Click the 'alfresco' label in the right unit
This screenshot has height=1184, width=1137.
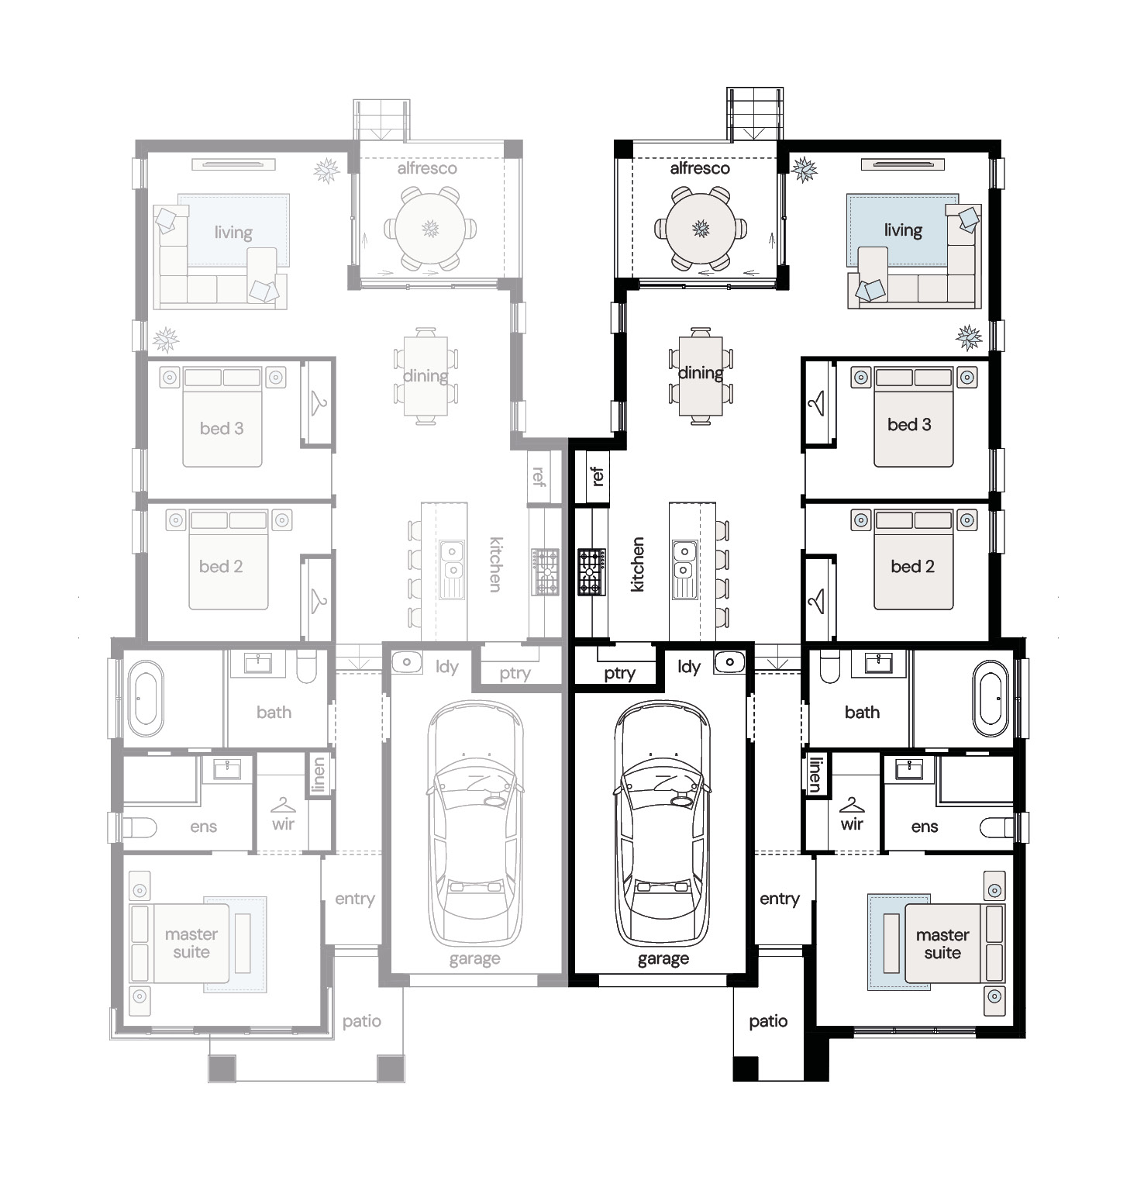[x=700, y=168]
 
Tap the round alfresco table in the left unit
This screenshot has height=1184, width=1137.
[x=430, y=229]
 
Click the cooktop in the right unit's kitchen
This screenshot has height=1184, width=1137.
[x=591, y=571]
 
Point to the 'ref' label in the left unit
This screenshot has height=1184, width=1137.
[x=539, y=475]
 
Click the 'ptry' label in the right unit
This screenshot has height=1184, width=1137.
[x=619, y=674]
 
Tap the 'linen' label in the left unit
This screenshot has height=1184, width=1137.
[x=319, y=775]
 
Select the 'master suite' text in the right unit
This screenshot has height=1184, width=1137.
[x=942, y=944]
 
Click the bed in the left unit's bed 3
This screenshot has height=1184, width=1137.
[x=222, y=418]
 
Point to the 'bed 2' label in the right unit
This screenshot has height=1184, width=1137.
[x=912, y=566]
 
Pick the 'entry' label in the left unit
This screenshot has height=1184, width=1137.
[x=355, y=899]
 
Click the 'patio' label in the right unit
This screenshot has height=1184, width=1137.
[x=768, y=1022]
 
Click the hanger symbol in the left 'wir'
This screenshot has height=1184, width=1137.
[x=284, y=805]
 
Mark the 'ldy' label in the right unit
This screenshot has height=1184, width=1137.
[x=689, y=667]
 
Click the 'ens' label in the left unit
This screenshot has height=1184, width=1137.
[x=203, y=827]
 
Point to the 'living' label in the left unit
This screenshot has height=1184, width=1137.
[x=233, y=232]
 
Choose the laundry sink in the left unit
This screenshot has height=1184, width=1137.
[x=406, y=663]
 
